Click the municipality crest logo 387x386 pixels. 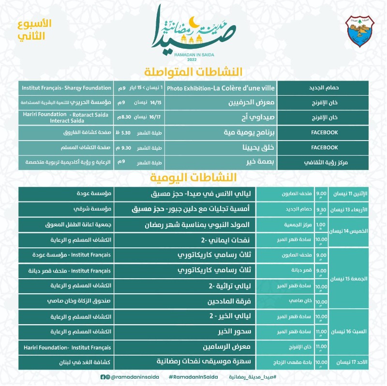pyautogui.click(x=360, y=30)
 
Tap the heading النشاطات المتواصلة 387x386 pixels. pyautogui.click(x=193, y=71)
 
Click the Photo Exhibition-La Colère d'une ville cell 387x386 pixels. pyautogui.click(x=221, y=88)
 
